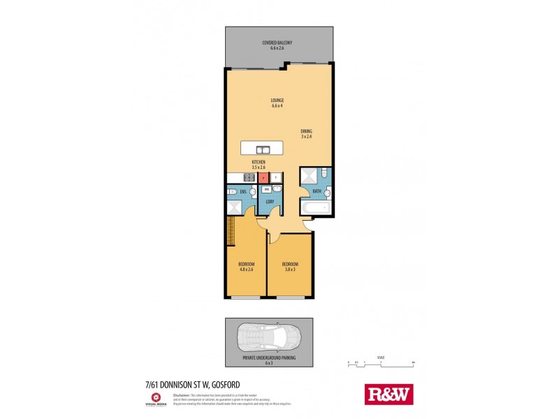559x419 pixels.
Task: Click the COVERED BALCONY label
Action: (x=277, y=45)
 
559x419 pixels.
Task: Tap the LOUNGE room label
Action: (x=277, y=103)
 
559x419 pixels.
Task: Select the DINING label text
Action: (x=306, y=133)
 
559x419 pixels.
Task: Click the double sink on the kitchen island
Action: (x=263, y=149)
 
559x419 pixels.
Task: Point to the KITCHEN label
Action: (x=259, y=165)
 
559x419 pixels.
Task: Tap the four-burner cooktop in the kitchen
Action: (x=248, y=178)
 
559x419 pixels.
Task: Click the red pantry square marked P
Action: (x=263, y=178)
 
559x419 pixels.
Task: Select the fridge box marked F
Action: (x=275, y=178)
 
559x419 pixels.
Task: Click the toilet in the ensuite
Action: (x=252, y=191)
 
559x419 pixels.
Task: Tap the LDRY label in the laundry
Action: (x=269, y=202)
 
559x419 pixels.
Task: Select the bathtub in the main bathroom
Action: (x=317, y=208)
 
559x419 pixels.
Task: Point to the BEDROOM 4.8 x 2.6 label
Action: (x=246, y=267)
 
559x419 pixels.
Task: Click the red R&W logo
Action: (x=389, y=394)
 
